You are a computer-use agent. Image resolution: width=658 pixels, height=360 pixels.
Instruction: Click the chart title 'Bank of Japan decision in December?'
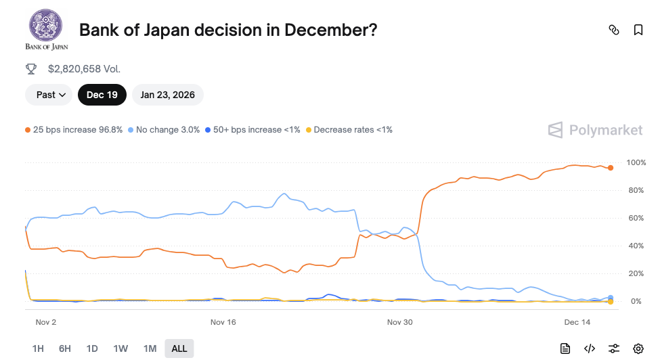click(x=228, y=30)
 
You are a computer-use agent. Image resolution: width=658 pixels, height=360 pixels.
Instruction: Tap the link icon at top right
click(x=614, y=30)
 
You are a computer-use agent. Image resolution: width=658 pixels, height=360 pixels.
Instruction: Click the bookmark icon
click(x=638, y=30)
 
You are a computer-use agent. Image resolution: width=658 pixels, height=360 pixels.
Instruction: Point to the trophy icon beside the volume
click(x=31, y=68)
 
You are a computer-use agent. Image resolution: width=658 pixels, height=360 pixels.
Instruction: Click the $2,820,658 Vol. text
click(x=84, y=68)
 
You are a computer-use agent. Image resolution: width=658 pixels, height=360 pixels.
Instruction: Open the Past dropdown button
click(x=49, y=95)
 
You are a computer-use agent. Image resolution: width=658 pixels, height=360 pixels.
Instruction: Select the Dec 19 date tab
click(x=102, y=95)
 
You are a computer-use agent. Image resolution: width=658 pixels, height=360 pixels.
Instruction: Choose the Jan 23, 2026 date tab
click(x=167, y=95)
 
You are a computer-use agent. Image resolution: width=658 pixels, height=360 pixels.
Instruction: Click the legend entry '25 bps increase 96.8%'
click(x=74, y=129)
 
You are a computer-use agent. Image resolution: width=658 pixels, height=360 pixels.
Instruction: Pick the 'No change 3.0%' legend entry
click(x=164, y=129)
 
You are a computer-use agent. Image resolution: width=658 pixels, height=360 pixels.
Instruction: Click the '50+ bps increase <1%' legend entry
click(x=253, y=129)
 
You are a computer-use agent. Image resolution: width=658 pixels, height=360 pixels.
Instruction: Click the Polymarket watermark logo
click(x=595, y=130)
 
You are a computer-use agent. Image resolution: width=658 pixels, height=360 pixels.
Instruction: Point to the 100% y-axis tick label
click(x=636, y=162)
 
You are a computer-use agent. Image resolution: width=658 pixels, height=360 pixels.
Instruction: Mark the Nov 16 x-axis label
click(x=223, y=322)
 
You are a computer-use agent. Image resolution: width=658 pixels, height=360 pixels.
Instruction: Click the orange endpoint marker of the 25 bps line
click(x=611, y=168)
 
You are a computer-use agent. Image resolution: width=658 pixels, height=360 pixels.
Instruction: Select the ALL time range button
click(x=179, y=348)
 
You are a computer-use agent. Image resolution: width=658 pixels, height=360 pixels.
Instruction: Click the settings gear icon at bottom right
click(x=638, y=348)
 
